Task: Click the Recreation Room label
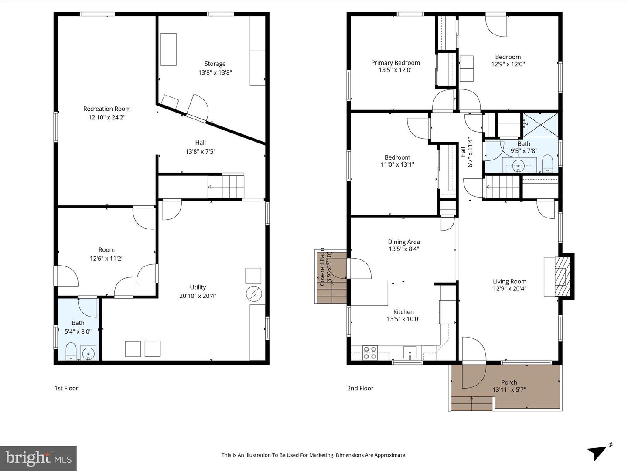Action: [x=107, y=109]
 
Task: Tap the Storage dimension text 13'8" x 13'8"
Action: [x=215, y=72]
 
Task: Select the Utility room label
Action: [x=198, y=287]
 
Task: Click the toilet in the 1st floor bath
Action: [x=71, y=352]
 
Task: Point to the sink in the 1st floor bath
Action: [x=89, y=353]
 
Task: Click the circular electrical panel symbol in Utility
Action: [x=253, y=294]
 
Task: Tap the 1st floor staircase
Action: [x=226, y=187]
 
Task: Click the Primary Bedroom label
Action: [x=396, y=63]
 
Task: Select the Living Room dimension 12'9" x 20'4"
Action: [x=509, y=289]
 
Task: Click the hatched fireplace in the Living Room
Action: [x=563, y=276]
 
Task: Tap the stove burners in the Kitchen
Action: [x=370, y=353]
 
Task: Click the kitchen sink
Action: [x=410, y=352]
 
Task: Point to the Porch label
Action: [x=509, y=382]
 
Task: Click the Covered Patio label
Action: [x=322, y=267]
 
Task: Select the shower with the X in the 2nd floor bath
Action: [x=540, y=125]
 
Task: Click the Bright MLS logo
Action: [x=38, y=458]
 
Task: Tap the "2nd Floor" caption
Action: [x=360, y=388]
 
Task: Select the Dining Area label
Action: [x=404, y=242]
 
